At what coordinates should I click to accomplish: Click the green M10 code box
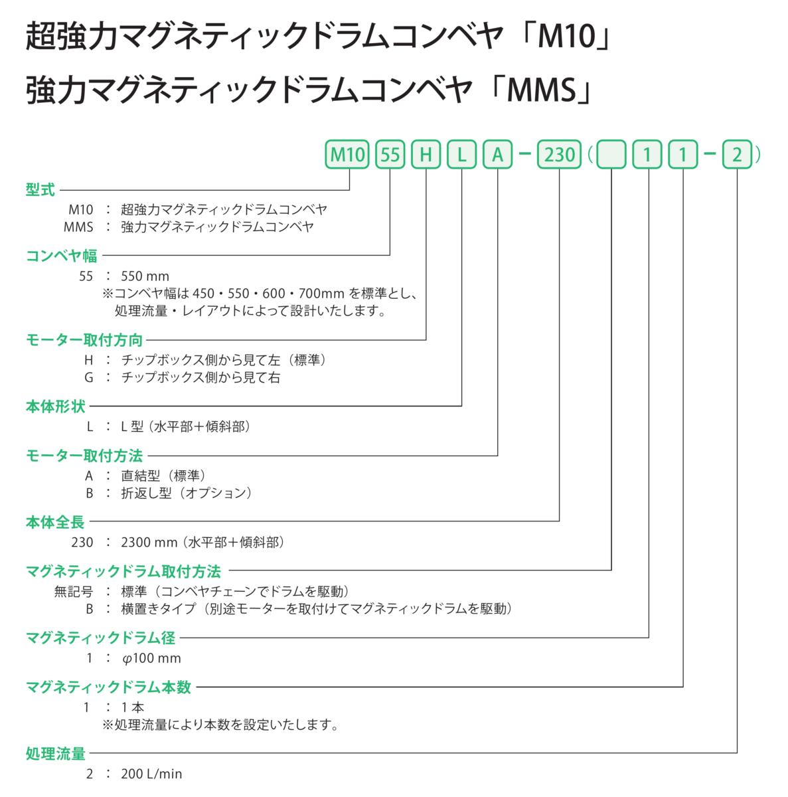point(347,155)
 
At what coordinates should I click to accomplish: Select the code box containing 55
point(390,155)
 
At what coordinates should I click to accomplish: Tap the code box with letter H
point(426,155)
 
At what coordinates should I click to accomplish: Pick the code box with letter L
point(461,155)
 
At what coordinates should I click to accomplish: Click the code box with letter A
point(497,155)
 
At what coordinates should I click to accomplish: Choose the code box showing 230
point(559,155)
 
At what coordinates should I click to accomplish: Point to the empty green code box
point(611,155)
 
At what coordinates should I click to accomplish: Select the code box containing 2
point(737,155)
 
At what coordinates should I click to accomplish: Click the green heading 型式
point(40,190)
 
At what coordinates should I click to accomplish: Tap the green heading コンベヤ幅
point(61,256)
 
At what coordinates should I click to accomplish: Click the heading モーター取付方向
point(84,340)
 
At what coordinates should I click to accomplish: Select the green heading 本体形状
point(55,406)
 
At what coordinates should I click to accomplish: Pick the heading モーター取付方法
point(84,456)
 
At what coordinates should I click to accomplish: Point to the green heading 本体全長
point(55,522)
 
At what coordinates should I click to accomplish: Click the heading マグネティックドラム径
point(100,638)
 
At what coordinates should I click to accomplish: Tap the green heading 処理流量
point(55,754)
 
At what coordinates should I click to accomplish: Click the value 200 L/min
point(151,774)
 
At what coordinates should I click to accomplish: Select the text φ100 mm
point(151,658)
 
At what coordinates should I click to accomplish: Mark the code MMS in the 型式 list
point(78,227)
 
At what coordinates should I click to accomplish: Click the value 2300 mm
point(149,543)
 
